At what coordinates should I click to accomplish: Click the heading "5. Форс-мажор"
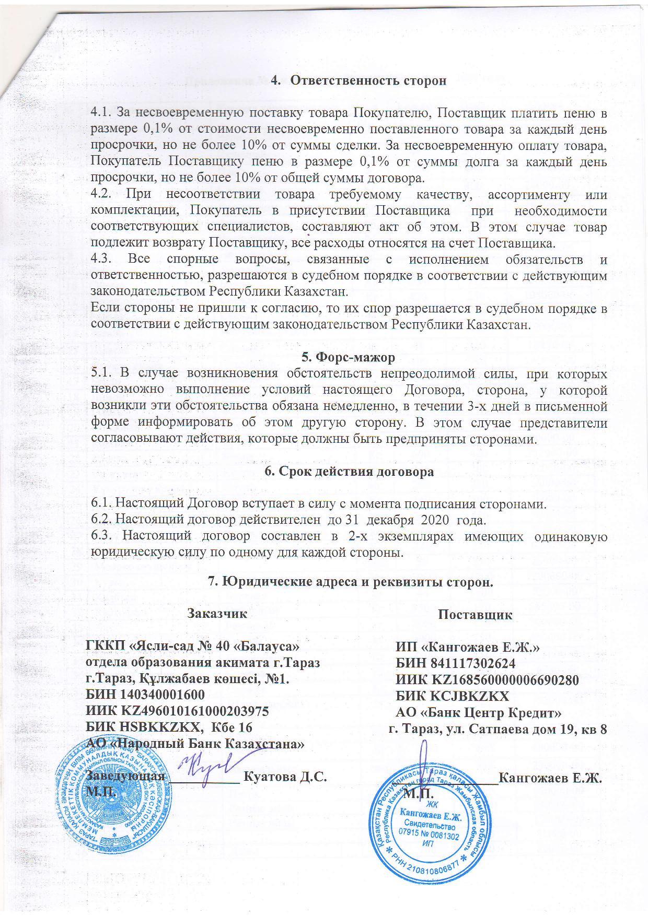click(x=349, y=358)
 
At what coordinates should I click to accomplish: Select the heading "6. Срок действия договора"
click(x=349, y=471)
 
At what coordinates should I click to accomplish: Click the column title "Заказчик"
click(x=217, y=613)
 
